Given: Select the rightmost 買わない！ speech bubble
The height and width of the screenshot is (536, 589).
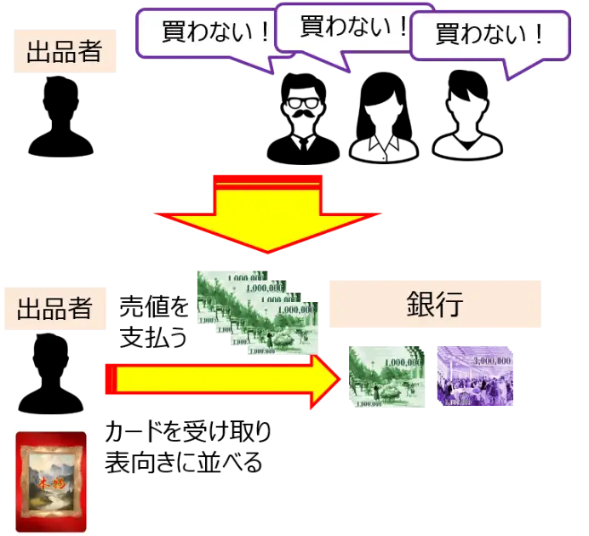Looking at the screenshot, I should (489, 35).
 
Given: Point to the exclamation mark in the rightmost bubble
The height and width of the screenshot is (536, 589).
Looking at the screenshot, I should (537, 34).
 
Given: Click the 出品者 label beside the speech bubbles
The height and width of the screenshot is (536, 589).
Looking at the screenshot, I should (65, 51).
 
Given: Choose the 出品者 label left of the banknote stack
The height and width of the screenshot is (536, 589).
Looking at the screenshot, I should (55, 307).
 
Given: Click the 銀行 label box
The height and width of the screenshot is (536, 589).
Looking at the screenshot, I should (435, 305).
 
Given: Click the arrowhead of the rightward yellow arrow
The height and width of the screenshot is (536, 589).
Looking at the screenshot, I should (328, 379).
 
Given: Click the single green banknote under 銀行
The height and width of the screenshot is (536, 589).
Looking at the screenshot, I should (387, 375).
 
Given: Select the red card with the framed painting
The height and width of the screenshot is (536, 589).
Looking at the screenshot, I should (51, 482).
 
